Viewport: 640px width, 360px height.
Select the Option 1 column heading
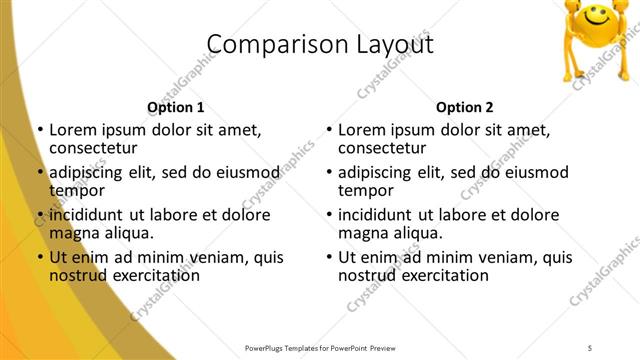pyautogui.click(x=175, y=107)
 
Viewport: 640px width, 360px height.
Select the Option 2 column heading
pyautogui.click(x=465, y=107)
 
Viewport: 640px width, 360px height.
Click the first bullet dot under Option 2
pyautogui.click(x=329, y=130)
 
